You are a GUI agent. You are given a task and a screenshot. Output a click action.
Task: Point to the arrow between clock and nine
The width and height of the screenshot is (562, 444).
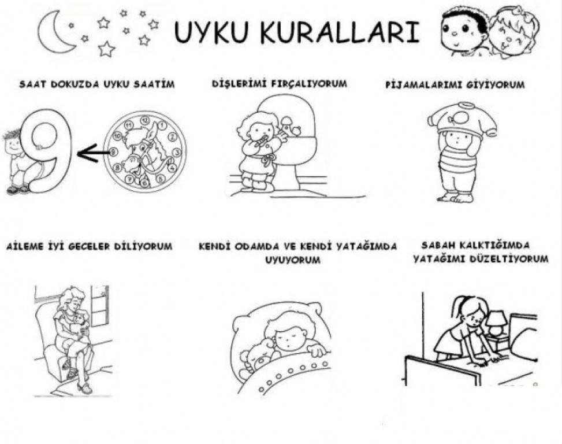pyautogui.click(x=93, y=153)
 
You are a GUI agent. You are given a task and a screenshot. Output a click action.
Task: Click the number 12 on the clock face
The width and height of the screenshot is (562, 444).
pyautogui.click(x=145, y=120)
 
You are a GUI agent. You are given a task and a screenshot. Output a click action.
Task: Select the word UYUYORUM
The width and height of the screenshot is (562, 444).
pyautogui.click(x=292, y=260)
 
